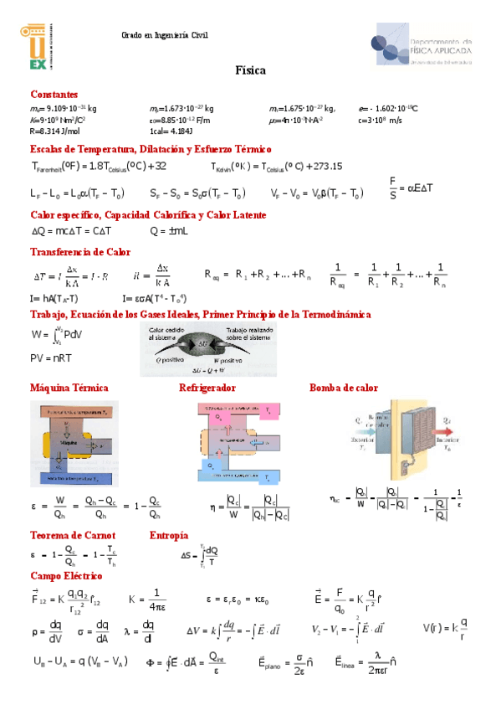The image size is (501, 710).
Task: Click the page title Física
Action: (x=250, y=71)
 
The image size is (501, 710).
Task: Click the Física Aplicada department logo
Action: (x=422, y=47)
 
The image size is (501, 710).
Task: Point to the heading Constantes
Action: (x=54, y=95)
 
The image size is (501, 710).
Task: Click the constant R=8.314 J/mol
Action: (x=55, y=131)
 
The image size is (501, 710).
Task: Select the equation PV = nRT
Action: (x=51, y=358)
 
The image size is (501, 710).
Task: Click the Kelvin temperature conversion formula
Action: (x=277, y=166)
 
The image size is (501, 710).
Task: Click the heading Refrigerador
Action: (x=207, y=388)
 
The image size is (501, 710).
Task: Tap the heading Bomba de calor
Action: (x=344, y=388)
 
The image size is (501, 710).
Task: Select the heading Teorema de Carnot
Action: (x=73, y=535)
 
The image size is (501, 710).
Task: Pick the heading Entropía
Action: (x=168, y=535)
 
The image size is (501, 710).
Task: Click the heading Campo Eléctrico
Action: (x=66, y=576)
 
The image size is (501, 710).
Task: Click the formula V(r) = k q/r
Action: (x=443, y=626)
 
